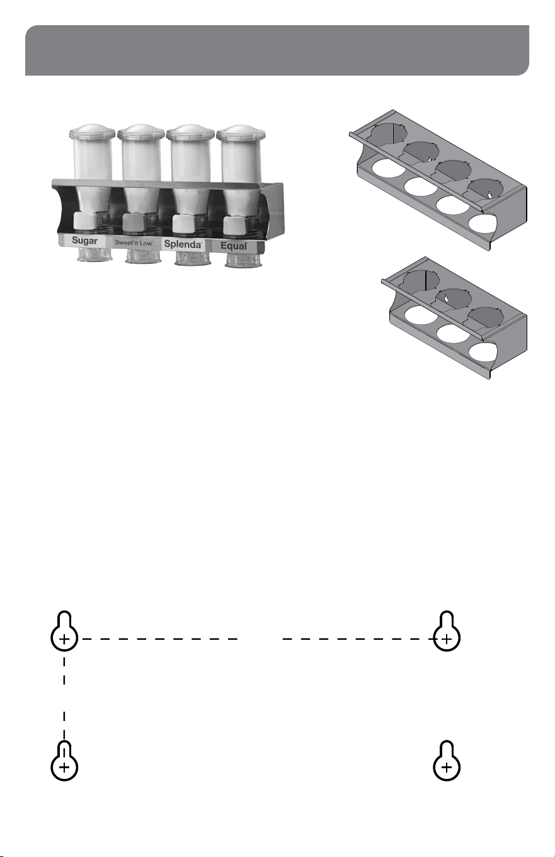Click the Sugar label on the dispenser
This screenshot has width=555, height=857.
pos(84,241)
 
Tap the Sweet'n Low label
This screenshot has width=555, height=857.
pos(134,242)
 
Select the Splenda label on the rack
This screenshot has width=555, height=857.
pos(183,244)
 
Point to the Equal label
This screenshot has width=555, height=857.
pos(234,246)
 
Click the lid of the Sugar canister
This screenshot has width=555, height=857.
pos(92,132)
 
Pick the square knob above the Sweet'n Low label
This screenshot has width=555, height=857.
pos(134,223)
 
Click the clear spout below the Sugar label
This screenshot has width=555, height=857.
pos(94,254)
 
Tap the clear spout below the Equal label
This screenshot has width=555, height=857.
pos(243,259)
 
